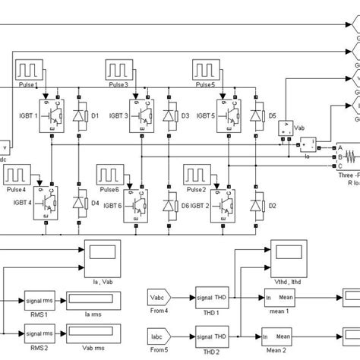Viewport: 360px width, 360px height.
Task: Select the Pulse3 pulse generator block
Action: click(121, 73)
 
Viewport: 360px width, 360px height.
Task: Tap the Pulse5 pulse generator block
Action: click(206, 73)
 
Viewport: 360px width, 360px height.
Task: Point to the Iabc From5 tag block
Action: click(159, 335)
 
